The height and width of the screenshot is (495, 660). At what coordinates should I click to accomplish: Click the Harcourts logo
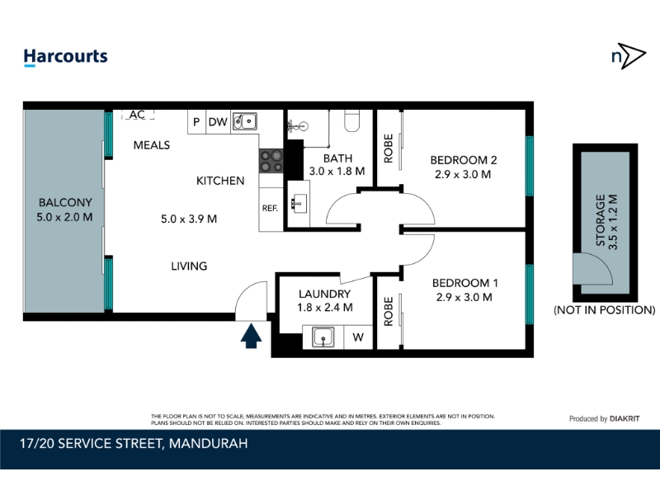click(66, 57)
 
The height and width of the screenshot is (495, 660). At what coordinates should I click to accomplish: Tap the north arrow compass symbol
click(629, 55)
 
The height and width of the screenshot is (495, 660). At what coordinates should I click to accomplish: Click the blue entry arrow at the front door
click(251, 336)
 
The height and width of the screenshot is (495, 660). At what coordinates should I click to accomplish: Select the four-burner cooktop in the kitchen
click(271, 161)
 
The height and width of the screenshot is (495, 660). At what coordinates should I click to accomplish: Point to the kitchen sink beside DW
click(244, 121)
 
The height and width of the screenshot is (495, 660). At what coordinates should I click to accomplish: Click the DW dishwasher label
click(218, 122)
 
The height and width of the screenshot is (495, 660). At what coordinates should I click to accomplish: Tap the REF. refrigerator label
click(270, 209)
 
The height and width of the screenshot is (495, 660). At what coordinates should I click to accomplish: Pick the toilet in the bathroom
click(352, 120)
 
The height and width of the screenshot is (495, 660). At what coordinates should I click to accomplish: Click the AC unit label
click(137, 115)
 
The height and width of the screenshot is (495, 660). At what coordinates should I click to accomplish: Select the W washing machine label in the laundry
click(358, 337)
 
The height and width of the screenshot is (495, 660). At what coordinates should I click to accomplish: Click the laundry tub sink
click(323, 337)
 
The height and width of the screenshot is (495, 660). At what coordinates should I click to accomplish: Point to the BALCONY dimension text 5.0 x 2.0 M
click(64, 217)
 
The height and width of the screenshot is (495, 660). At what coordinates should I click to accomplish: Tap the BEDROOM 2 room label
click(464, 160)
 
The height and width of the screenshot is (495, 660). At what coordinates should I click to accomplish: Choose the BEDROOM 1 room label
click(465, 283)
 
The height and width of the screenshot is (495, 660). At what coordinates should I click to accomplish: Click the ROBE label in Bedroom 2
click(389, 148)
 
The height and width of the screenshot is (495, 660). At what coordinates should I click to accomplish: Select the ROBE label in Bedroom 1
click(389, 312)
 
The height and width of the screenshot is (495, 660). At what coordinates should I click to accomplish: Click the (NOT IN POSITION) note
click(605, 310)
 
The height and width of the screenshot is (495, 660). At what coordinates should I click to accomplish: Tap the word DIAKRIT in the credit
click(625, 419)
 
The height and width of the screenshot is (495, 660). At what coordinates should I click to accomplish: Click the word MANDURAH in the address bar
click(209, 444)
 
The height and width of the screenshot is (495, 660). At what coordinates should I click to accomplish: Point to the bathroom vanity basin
click(299, 204)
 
